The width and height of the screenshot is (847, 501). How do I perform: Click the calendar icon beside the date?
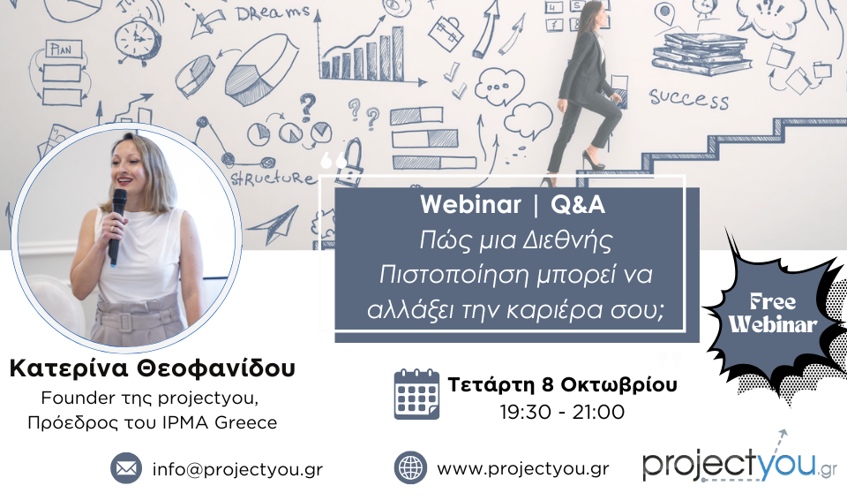416,394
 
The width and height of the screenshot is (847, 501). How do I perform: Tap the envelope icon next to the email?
126,468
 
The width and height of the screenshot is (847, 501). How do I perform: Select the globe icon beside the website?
410,468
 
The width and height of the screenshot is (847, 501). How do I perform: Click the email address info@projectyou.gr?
237,469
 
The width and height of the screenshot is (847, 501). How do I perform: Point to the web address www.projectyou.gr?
523,468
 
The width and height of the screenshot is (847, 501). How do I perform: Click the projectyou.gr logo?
739,459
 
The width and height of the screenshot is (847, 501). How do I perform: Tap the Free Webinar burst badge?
774,314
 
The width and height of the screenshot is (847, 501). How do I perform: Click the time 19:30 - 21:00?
562,413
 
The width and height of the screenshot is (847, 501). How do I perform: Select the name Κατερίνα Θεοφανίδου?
153,368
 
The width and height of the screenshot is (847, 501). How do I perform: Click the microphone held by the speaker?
117,226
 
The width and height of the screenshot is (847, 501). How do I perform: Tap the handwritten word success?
689,99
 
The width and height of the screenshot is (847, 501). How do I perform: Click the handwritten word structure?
272,178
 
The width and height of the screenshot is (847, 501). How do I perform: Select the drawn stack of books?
701,54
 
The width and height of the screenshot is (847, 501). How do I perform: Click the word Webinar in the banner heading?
470,204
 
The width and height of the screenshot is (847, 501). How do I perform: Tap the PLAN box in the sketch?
64,49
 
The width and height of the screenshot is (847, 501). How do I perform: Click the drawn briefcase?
446,33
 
